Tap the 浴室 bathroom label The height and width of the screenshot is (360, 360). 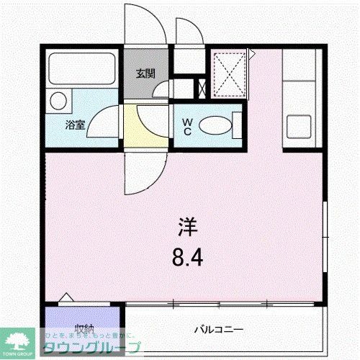pyautogui.click(x=75, y=125)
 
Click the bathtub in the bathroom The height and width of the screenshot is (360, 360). pyautogui.click(x=83, y=71)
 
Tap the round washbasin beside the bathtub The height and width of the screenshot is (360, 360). pyautogui.click(x=58, y=100)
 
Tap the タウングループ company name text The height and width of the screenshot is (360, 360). pyautogui.click(x=92, y=347)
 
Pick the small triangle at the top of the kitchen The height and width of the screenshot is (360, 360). pyautogui.click(x=252, y=53)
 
